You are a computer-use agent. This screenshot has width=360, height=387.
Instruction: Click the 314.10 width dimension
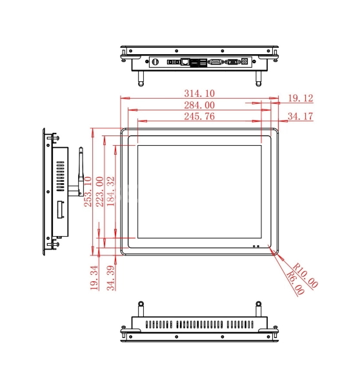coord(199,94)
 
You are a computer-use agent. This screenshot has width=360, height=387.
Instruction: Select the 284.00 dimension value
coord(199,105)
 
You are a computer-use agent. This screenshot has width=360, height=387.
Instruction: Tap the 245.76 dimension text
coord(199,116)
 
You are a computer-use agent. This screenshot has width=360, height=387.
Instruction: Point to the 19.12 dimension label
coord(301,98)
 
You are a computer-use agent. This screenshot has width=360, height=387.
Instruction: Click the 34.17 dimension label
coord(301,116)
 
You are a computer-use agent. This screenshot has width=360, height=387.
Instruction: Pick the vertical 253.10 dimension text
coord(88,192)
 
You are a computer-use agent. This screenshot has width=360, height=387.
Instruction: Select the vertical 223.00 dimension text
coord(99,192)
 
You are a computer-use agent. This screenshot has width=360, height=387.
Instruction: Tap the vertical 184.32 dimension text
coord(111,192)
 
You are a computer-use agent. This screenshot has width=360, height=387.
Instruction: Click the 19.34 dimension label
coord(94,278)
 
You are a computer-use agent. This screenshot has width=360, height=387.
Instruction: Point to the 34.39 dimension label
coord(111,278)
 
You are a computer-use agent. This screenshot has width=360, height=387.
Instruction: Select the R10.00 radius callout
coord(305,275)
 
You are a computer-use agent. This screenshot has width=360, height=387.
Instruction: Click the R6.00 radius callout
coord(295,283)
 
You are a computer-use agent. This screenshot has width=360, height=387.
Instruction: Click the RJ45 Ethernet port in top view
coord(185,62)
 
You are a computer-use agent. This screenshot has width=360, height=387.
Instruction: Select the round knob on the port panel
coord(155,62)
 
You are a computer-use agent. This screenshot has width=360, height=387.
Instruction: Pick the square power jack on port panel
coord(245,61)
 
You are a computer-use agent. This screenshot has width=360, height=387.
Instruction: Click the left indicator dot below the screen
coord(254,246)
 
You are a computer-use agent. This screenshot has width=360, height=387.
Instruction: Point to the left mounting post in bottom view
coord(141,309)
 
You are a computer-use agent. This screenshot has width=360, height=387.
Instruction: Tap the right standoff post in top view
coord(258,79)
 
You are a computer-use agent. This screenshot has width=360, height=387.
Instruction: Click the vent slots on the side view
coord(60,177)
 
